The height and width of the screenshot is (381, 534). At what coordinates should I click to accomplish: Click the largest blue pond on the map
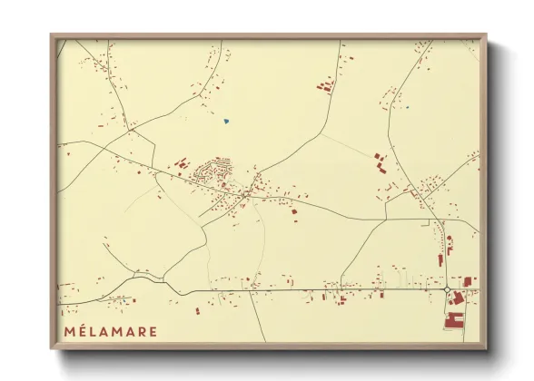tap(226, 121)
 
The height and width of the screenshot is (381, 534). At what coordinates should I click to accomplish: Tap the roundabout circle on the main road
tap(447, 289)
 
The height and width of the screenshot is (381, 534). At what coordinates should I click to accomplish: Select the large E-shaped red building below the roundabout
tap(453, 318)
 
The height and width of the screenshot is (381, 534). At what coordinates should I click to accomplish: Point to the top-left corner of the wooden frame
tap(52, 35)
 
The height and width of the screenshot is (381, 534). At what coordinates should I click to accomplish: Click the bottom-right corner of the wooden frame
tap(487, 348)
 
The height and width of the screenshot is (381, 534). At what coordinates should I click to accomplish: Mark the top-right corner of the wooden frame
tap(487, 35)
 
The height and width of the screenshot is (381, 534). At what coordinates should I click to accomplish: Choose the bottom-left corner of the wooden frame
tap(52, 348)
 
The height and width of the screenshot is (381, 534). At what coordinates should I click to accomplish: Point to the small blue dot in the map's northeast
tap(408, 108)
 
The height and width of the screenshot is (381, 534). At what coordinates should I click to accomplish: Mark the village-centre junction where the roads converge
tap(245, 193)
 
